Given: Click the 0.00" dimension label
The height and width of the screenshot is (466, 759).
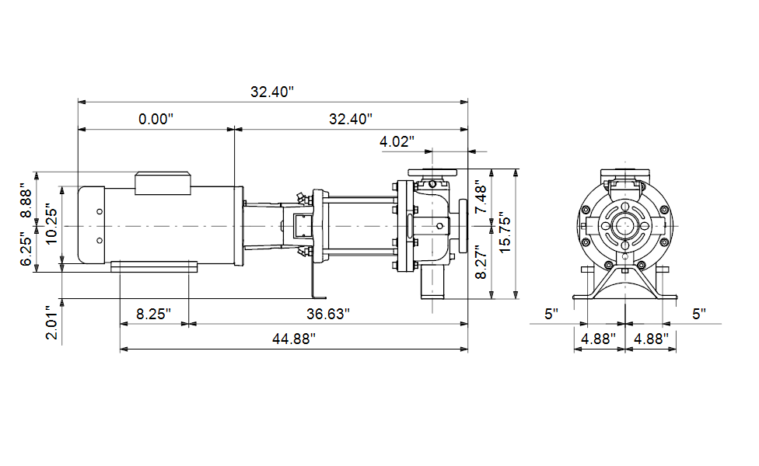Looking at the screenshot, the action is click(156, 118).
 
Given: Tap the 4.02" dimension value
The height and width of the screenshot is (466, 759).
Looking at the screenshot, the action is click(397, 141).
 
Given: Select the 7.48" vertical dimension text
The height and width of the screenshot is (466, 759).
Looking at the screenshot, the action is click(481, 196).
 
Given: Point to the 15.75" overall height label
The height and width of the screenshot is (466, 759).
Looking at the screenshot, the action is click(505, 232).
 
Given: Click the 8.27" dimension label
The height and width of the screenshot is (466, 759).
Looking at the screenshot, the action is click(481, 262).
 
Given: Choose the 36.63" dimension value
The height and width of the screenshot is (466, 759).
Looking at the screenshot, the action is click(327, 314).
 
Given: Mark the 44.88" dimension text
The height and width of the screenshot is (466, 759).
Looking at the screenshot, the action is click(293, 339).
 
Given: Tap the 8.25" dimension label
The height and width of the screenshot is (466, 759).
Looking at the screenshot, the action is click(153, 314).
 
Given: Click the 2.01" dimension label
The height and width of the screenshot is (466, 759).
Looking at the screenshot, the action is click(51, 322).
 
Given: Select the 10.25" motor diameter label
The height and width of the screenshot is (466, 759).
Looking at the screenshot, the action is click(51, 226).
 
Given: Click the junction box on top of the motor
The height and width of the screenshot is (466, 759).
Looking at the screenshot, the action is click(163, 183).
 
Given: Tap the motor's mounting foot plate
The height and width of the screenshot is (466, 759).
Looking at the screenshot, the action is click(154, 267).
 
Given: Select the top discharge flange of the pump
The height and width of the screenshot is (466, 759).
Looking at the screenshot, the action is click(432, 172).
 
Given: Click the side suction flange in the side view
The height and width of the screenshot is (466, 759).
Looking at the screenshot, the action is click(463, 226).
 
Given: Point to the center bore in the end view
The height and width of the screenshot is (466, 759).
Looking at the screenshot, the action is click(625, 226).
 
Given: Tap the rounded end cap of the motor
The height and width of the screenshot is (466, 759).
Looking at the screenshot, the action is click(92, 224).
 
